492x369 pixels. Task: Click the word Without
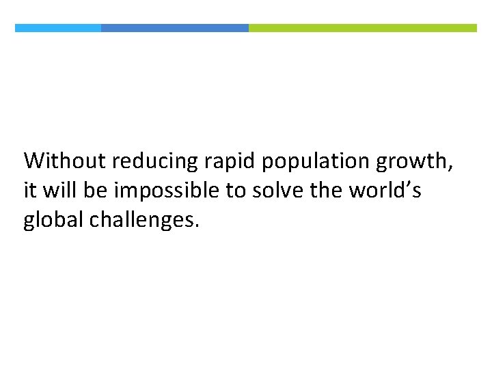[65, 161]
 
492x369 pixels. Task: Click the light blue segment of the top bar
[58, 28]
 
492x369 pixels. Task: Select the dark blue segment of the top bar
[175, 28]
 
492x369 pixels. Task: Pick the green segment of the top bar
[363, 28]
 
